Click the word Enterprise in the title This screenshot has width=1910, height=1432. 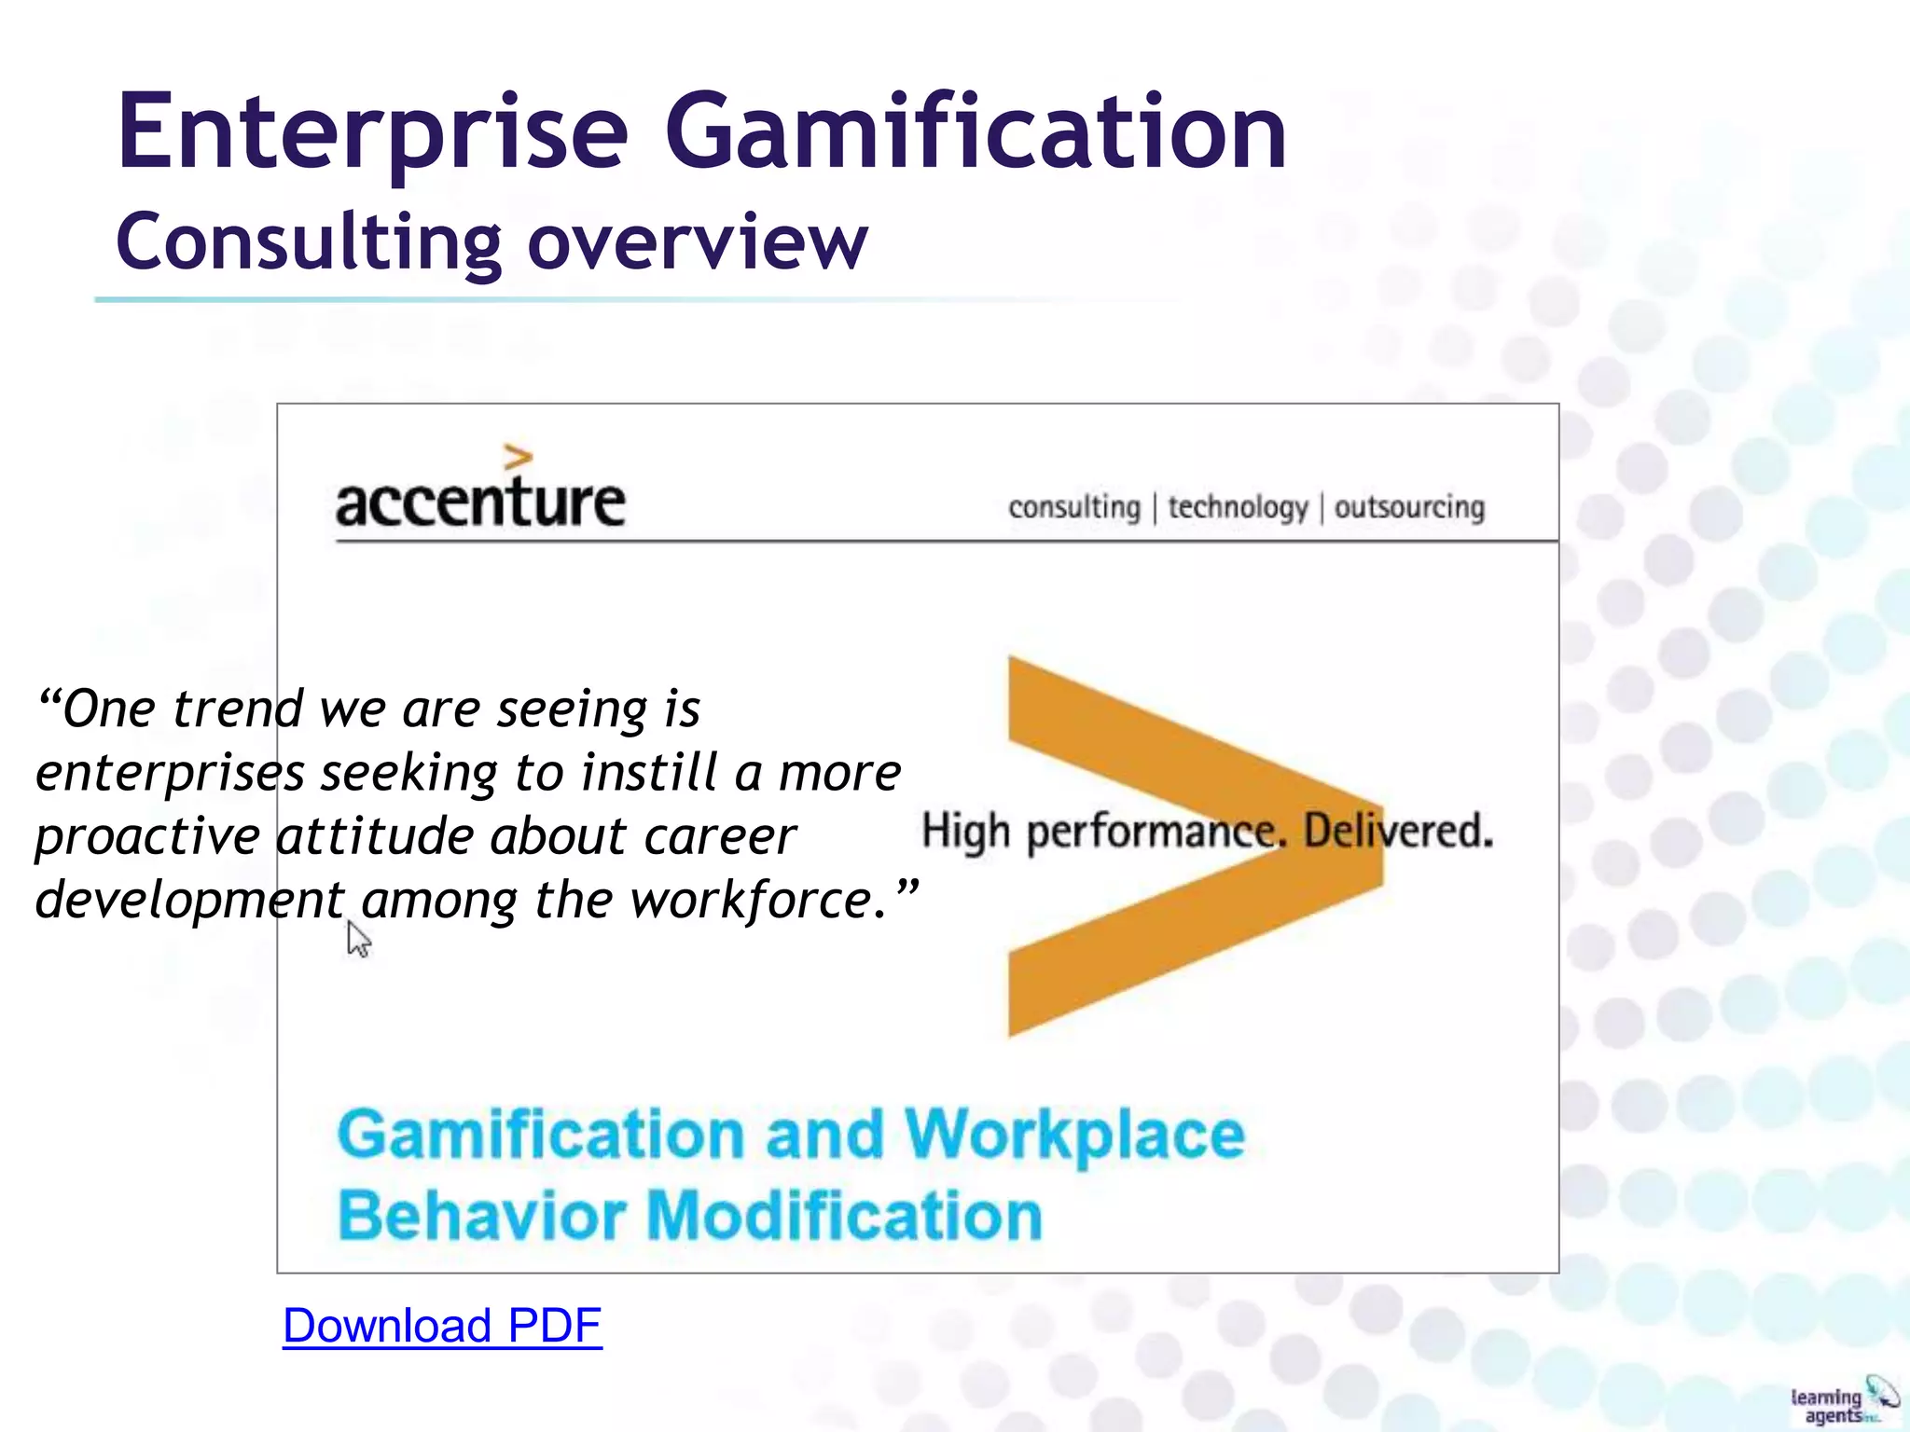(x=373, y=132)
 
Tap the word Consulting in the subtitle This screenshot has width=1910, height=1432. (x=309, y=242)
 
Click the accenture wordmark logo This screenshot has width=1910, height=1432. (x=480, y=501)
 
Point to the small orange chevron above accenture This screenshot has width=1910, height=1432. (x=518, y=457)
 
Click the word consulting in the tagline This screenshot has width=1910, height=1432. (x=1074, y=508)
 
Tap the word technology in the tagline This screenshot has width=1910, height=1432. (x=1238, y=508)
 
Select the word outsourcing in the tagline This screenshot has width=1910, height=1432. (x=1409, y=508)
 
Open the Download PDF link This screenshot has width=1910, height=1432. (x=442, y=1326)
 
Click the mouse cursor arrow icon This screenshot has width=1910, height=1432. (x=358, y=939)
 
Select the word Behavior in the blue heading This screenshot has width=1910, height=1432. (x=481, y=1216)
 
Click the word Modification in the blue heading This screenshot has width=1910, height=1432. (x=844, y=1216)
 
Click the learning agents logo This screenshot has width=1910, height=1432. (x=1843, y=1401)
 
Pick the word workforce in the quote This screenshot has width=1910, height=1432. (x=752, y=901)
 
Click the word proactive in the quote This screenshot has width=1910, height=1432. (x=147, y=837)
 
